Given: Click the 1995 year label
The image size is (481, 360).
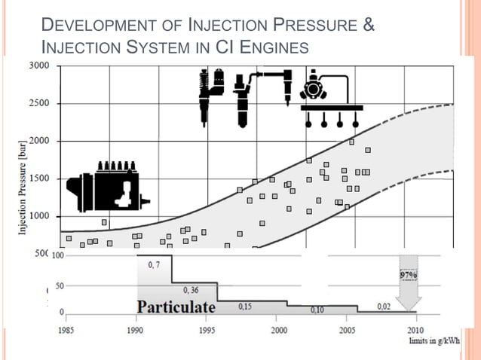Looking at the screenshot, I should [207, 330].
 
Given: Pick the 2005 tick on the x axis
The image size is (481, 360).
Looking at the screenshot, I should [349, 330].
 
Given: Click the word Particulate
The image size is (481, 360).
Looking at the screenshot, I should [176, 308].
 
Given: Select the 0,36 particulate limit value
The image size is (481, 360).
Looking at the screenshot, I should [191, 290].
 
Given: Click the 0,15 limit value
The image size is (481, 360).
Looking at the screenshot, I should [245, 307].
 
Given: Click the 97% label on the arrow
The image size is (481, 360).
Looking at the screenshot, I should [409, 275].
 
